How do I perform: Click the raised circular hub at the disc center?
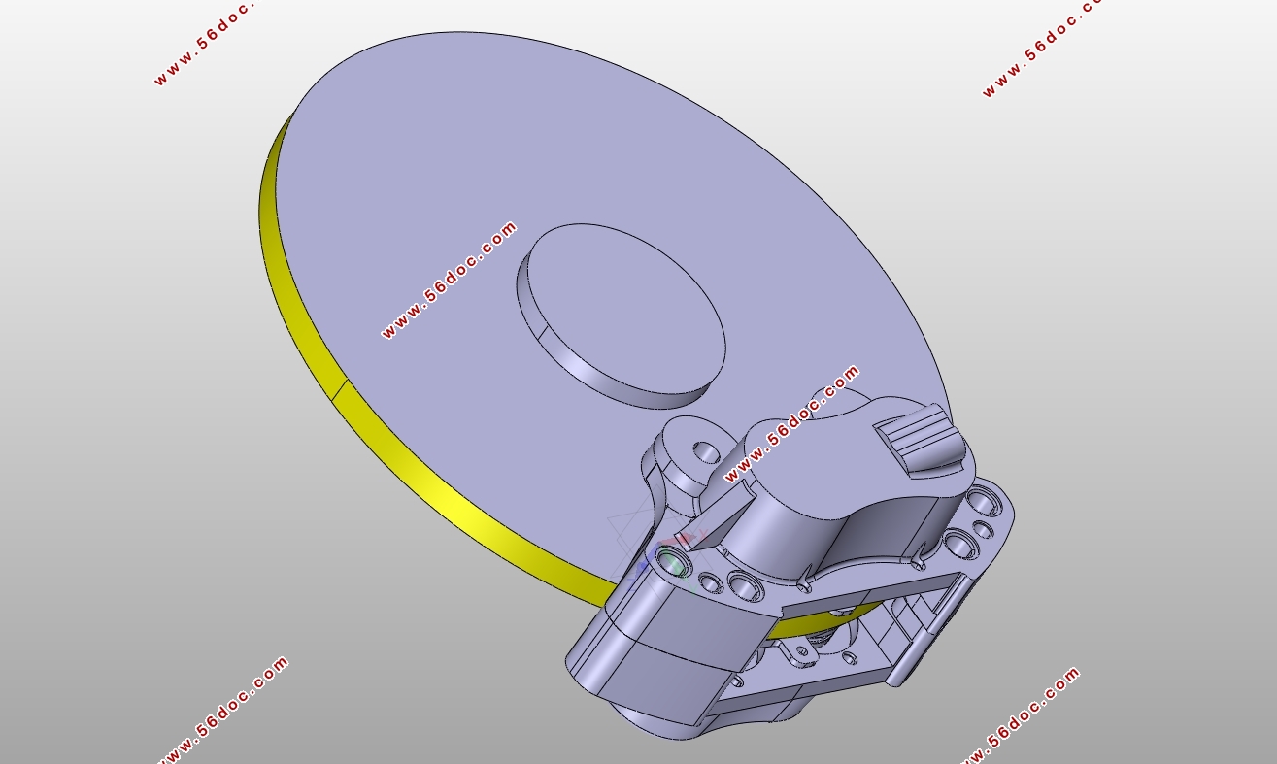pos(622,316)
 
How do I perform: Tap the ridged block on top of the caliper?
pos(919,439)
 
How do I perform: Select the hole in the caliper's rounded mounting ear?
pos(706,451)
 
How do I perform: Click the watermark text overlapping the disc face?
pos(450,280)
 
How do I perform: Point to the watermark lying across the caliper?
pos(791,423)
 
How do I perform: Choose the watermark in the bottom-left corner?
pos(222,711)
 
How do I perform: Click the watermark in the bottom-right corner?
pos(1021,715)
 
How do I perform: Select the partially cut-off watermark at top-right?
pos(1041,48)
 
